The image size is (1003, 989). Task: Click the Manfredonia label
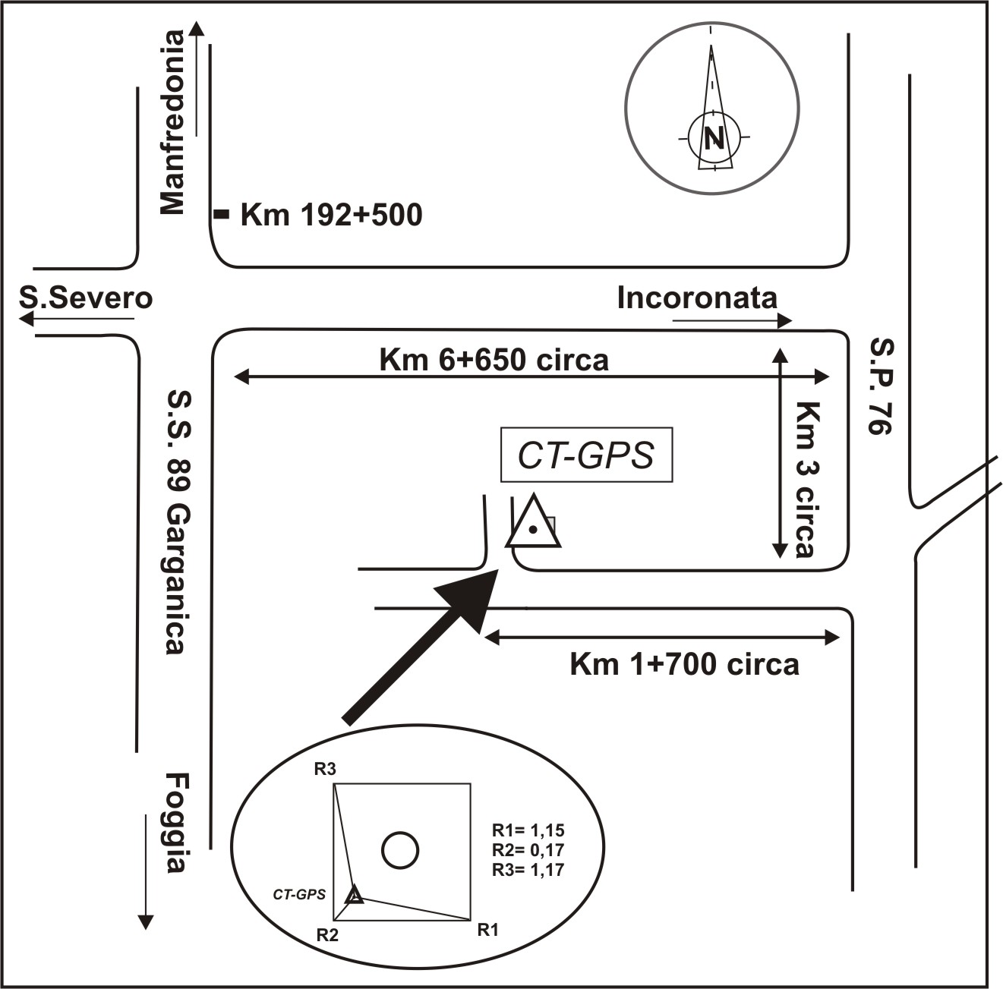[172, 122]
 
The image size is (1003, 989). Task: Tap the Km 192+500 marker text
[331, 216]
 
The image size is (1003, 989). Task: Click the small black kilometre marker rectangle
[221, 215]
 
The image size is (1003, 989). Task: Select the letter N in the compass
[713, 137]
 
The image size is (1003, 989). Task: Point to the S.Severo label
[86, 298]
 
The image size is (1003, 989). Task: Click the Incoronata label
[697, 298]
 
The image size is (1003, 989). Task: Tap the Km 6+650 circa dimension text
[494, 359]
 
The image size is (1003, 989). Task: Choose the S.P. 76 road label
[881, 386]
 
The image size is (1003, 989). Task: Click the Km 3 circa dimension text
[804, 479]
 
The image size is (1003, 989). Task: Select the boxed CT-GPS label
[586, 455]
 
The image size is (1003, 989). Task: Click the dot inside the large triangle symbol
[534, 529]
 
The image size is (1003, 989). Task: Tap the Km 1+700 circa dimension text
[684, 665]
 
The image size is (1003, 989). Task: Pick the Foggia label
[175, 824]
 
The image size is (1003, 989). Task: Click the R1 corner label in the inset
[487, 928]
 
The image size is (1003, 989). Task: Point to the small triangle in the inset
[354, 896]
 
